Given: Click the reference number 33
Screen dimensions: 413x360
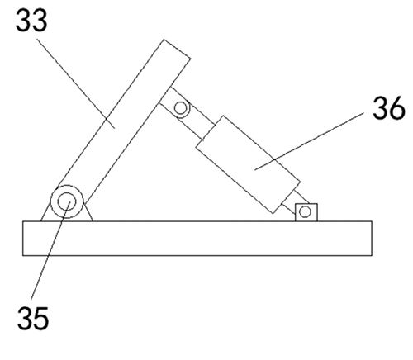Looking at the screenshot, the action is click(x=31, y=20).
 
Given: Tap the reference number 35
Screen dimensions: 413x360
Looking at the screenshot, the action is click(x=33, y=318).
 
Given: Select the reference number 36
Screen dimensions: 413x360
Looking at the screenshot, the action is click(x=389, y=108).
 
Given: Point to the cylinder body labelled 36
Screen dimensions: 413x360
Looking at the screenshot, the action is click(x=248, y=164).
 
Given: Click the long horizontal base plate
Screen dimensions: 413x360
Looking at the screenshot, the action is click(x=197, y=239).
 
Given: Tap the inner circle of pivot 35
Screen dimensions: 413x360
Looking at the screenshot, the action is click(x=67, y=201).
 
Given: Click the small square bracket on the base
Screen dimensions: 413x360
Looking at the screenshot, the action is click(x=306, y=212).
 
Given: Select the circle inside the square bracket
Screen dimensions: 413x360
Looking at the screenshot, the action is click(x=305, y=211).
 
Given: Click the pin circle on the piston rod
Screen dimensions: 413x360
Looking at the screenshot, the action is click(x=181, y=108).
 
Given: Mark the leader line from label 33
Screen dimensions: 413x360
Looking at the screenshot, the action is click(x=76, y=83).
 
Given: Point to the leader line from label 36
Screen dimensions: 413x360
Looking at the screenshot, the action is click(x=309, y=141).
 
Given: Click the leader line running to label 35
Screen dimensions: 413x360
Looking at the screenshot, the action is click(x=50, y=250).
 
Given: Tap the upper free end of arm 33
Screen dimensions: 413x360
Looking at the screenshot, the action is click(x=177, y=49).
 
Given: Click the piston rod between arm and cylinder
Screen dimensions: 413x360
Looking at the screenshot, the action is click(x=188, y=114).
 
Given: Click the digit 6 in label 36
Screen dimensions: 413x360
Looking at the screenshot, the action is click(x=397, y=108).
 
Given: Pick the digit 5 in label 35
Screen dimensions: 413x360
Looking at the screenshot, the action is click(x=41, y=319).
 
